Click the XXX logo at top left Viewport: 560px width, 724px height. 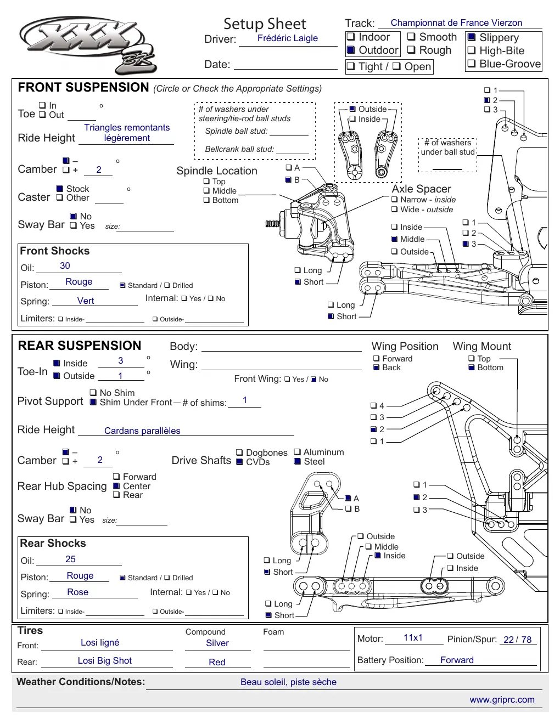[88, 45]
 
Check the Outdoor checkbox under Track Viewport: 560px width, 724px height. [350, 50]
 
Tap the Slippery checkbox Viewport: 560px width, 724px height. [471, 37]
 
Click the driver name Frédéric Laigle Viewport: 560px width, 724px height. [287, 38]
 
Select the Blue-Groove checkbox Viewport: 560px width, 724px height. [471, 63]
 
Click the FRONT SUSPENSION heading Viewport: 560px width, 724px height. [83, 87]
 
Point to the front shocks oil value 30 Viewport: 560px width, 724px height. [65, 265]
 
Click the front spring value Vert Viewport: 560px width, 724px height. [86, 301]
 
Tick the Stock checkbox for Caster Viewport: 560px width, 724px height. [60, 189]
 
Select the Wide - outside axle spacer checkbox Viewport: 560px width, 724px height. [394, 209]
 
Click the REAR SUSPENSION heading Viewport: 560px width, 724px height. [80, 346]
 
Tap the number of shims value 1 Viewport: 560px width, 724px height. [245, 400]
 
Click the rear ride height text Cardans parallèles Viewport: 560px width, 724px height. [142, 431]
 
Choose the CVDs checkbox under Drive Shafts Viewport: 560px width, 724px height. [239, 462]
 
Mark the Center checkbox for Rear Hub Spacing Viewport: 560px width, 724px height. [116, 486]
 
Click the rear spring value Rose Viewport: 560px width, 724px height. [78, 592]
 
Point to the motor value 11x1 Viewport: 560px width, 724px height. [413, 637]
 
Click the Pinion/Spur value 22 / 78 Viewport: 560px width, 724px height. [517, 640]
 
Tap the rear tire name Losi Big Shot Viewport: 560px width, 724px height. [105, 660]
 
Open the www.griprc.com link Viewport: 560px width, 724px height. [502, 699]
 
